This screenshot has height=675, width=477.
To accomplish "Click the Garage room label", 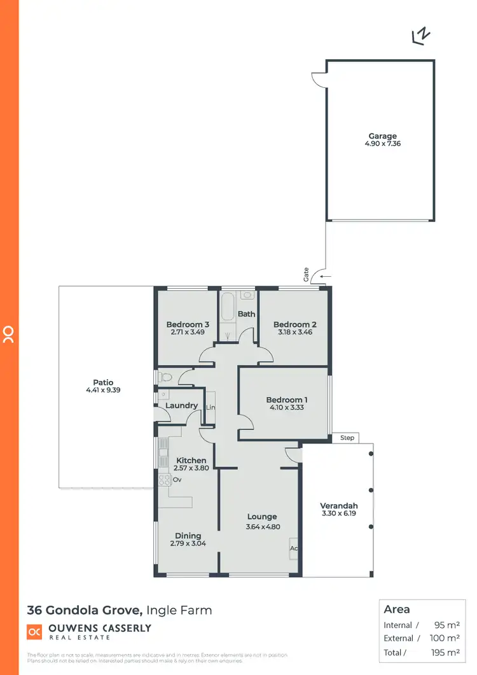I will coord(382,136).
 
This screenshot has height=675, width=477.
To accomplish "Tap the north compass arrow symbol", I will coord(419,38).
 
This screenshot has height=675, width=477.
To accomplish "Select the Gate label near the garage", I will coord(306,275).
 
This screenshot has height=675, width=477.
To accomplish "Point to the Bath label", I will coord(246,314).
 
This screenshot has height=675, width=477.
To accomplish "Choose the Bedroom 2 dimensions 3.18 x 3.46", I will coord(294,332).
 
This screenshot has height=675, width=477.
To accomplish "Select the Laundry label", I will coord(181,406).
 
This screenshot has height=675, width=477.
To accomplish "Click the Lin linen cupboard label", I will coord(211,407).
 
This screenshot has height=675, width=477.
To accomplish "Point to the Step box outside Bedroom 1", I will coord(347,438).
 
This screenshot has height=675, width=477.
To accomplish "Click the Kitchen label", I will coord(191,461).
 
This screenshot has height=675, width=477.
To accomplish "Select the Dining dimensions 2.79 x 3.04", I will coord(188,544).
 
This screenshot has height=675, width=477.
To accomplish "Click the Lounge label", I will coord(263,517).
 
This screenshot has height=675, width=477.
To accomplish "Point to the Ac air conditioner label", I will coord(294,548).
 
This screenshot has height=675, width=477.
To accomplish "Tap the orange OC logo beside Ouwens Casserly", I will coord(34,632).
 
